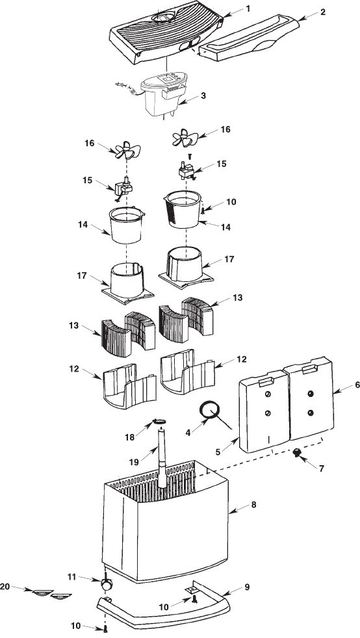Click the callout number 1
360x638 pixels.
point(248,8)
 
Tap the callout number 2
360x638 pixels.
point(322,12)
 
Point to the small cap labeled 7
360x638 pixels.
point(297,452)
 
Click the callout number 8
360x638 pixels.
point(253,505)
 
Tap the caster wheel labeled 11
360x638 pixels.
point(107,585)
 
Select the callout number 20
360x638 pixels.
point(5,586)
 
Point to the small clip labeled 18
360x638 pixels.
point(159,422)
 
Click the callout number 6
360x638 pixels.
point(357,385)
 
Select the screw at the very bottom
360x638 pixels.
point(105,629)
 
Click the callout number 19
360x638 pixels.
point(135,462)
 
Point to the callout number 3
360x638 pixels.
point(203,96)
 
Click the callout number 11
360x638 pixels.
point(71,576)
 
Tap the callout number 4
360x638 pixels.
point(188,433)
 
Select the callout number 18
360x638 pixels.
point(130,437)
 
